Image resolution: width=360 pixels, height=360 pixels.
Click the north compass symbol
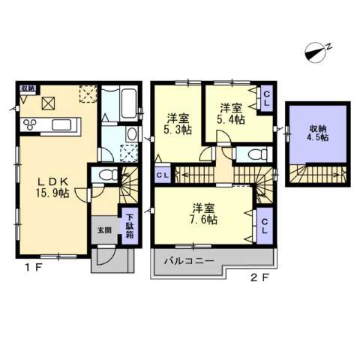[316, 52]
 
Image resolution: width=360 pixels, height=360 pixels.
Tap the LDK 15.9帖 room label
[52, 187]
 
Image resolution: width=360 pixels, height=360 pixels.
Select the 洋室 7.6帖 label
[204, 214]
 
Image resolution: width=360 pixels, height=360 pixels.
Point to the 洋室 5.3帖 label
[178, 124]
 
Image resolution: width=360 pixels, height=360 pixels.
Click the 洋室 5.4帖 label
[231, 114]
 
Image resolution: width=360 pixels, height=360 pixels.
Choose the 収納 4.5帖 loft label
[318, 133]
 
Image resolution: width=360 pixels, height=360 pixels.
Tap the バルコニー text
[189, 261]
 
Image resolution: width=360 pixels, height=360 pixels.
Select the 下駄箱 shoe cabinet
[130, 226]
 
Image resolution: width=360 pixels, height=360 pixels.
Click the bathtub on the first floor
[129, 103]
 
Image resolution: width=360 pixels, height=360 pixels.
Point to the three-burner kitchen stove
[30, 124]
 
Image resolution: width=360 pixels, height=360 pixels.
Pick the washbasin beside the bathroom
[131, 133]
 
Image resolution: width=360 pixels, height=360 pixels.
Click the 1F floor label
[33, 268]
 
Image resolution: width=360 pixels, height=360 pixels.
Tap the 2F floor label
[260, 277]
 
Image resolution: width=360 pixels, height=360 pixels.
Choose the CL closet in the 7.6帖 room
[265, 226]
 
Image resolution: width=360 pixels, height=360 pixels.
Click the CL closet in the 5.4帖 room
[267, 98]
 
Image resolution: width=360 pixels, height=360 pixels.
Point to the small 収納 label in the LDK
[28, 88]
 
